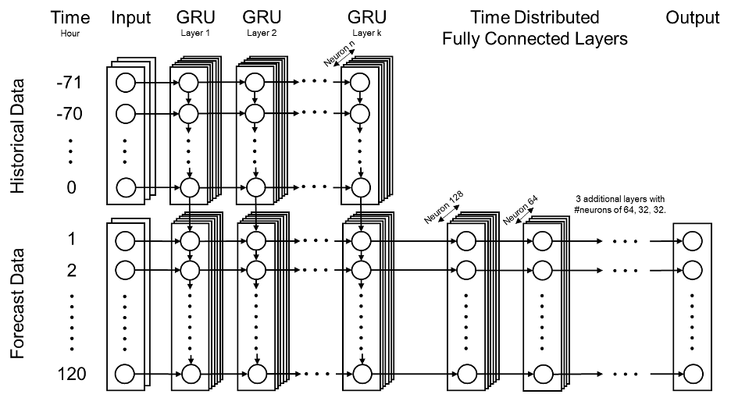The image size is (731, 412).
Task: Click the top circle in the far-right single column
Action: [x=692, y=242]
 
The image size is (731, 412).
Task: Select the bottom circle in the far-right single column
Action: [x=692, y=373]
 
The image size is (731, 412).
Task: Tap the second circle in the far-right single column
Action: [x=692, y=270]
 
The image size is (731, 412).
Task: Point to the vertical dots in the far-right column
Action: [x=692, y=321]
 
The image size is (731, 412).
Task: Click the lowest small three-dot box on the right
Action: [x=625, y=374]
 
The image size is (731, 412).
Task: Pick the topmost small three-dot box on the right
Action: [x=625, y=241]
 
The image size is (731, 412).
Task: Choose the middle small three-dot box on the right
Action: [x=625, y=270]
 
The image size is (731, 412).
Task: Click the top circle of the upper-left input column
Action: [x=125, y=82]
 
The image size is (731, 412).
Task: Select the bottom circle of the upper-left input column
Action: [x=125, y=187]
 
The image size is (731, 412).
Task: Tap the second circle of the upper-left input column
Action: [x=125, y=114]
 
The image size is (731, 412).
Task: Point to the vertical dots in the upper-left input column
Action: [x=125, y=151]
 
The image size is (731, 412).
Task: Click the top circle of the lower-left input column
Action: [x=125, y=241]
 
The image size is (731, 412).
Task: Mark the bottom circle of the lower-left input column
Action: [x=125, y=374]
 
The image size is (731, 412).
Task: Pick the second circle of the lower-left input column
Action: [x=125, y=270]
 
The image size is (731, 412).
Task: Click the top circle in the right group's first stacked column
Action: [x=466, y=242]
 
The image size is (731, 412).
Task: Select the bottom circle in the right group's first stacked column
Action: [x=466, y=374]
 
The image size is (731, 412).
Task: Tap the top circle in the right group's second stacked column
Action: [x=542, y=242]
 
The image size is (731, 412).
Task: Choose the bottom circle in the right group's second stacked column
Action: [x=542, y=374]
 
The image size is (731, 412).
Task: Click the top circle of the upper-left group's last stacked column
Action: [x=359, y=82]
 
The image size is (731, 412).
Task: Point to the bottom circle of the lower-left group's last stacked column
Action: [x=362, y=374]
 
